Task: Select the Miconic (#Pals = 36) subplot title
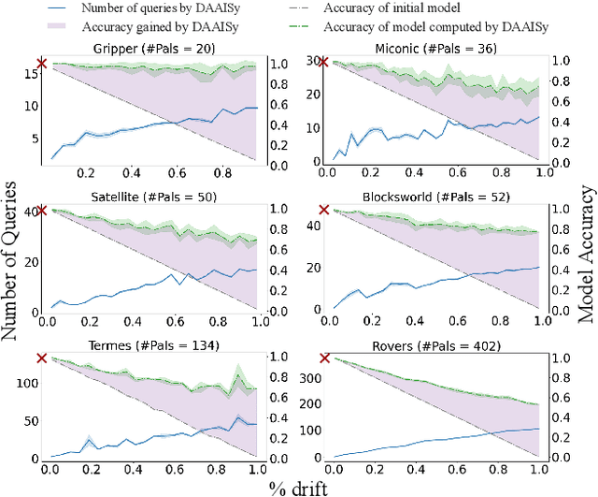tap(435, 47)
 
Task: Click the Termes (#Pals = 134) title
tap(152, 346)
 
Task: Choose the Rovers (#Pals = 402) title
tap(435, 346)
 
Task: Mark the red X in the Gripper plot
tap(41, 63)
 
